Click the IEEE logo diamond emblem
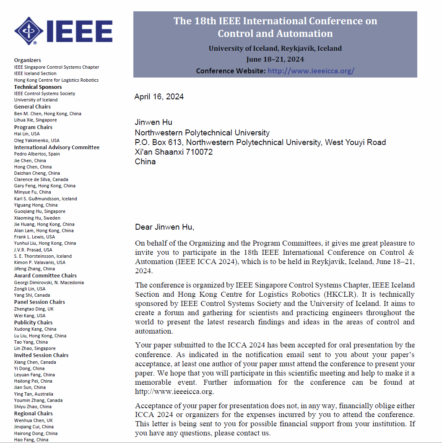(29, 31)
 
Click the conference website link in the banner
(311, 71)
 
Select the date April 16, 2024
(159, 97)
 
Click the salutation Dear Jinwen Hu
(165, 227)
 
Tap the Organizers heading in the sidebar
(28, 60)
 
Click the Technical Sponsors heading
(38, 87)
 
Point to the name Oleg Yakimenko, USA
(37, 140)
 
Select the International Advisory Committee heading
(57, 148)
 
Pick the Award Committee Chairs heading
(45, 276)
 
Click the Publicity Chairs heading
(33, 323)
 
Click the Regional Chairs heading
(33, 414)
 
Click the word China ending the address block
(145, 162)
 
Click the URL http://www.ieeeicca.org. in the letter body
(174, 391)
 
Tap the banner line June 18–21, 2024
(275, 59)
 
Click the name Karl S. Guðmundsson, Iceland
(45, 199)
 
